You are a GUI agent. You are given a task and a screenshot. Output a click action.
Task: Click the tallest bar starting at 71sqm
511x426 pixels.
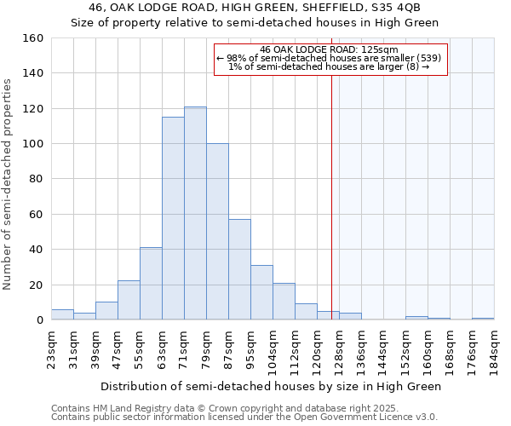click(195, 213)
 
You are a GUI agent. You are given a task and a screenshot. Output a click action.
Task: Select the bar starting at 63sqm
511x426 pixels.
click(173, 218)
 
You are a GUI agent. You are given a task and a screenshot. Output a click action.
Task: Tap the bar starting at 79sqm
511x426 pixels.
click(217, 232)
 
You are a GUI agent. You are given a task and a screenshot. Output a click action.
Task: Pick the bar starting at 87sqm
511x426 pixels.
click(239, 269)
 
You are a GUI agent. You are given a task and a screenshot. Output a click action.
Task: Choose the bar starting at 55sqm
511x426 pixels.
click(151, 284)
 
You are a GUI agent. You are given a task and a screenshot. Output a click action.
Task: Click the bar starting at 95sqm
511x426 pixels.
click(261, 292)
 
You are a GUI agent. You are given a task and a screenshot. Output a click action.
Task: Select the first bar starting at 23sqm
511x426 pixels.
click(62, 314)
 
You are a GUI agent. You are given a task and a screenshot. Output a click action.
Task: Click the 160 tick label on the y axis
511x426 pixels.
click(32, 38)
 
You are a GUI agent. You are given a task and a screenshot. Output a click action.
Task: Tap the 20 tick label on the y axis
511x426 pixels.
click(36, 285)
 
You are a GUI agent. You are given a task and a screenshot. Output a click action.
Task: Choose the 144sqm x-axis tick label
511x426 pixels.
click(384, 347)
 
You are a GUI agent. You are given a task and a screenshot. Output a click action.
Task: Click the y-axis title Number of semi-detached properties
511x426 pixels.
click(8, 179)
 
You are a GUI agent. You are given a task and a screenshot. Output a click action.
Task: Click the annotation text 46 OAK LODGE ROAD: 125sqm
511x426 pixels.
click(329, 49)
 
